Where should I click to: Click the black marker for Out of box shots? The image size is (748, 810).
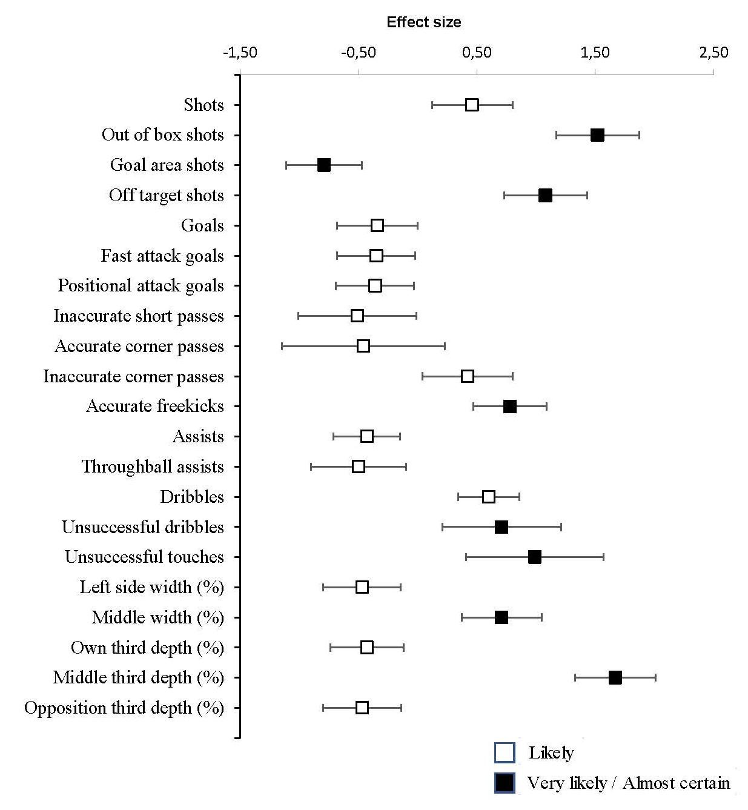click(597, 135)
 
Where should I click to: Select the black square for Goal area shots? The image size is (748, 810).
click(324, 165)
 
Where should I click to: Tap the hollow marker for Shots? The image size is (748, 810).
click(472, 105)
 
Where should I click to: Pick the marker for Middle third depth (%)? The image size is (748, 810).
click(615, 678)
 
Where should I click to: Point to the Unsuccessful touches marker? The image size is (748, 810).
click(534, 557)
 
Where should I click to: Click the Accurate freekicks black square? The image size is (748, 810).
click(510, 407)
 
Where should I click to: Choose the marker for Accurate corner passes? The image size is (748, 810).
click(363, 346)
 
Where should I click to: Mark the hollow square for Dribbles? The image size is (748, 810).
click(489, 497)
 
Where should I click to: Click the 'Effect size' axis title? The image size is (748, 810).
click(424, 22)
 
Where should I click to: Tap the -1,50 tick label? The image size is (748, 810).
click(240, 53)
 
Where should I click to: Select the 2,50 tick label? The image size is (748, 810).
click(713, 53)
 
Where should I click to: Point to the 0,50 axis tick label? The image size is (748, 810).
click(477, 53)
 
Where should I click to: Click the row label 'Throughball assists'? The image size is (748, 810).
click(153, 466)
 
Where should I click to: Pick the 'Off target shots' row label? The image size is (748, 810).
click(166, 195)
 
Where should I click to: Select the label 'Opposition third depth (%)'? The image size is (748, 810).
click(124, 708)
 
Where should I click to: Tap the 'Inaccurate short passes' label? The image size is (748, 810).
click(139, 316)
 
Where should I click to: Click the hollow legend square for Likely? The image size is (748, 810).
click(505, 753)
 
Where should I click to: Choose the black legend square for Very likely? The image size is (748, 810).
click(505, 783)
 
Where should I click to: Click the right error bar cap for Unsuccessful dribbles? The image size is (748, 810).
click(561, 527)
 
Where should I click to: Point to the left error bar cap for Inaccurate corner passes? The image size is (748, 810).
click(423, 376)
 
